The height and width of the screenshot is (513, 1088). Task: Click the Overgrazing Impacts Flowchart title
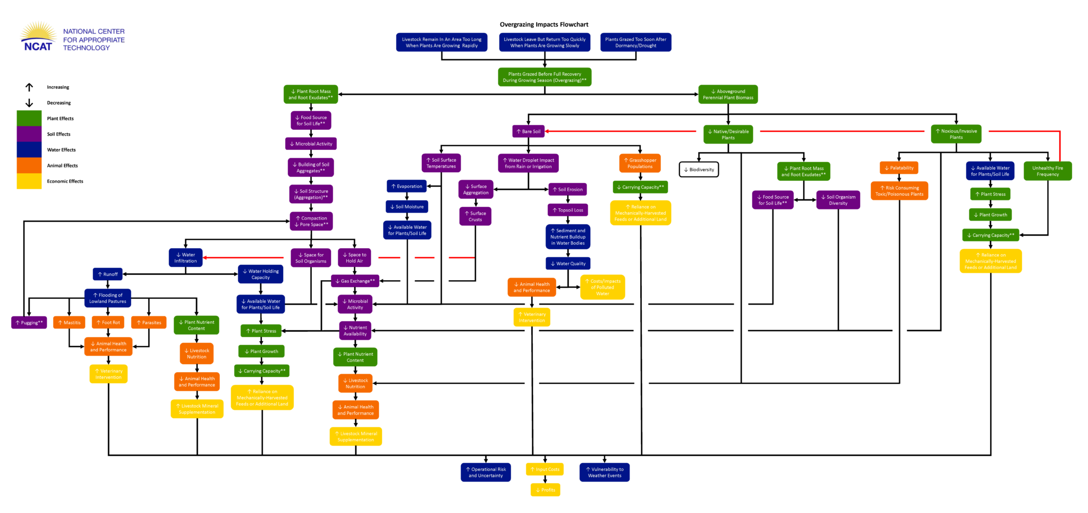pos(544,24)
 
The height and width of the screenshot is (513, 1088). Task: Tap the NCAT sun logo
pos(38,37)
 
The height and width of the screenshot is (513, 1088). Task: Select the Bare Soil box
pos(529,131)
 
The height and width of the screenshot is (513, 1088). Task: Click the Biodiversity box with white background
pos(699,170)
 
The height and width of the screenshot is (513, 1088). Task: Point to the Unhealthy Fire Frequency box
pos(1048,171)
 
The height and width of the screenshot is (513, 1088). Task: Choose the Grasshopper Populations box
pos(640,163)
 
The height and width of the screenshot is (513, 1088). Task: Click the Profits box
pos(545,490)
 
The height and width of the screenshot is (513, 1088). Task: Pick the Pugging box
pos(29,323)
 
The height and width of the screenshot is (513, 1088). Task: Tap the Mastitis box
pos(69,323)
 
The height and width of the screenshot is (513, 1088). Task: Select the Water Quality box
pos(568,264)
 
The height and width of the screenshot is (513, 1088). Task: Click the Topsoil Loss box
pos(568,210)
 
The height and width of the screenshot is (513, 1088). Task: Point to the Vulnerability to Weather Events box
pos(605,472)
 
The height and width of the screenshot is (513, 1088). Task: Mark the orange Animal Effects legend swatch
pos(29,165)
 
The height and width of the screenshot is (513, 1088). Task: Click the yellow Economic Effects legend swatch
pos(29,181)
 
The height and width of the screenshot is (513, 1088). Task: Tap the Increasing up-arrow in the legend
pos(29,87)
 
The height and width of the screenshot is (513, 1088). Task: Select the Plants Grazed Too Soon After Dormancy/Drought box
pos(635,43)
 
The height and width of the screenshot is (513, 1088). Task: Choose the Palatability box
pos(899,168)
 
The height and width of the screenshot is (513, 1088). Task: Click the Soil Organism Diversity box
pos(838,200)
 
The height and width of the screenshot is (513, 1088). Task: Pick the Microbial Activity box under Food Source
pos(311,144)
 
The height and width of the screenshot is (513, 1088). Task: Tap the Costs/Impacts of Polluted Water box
pos(602,287)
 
